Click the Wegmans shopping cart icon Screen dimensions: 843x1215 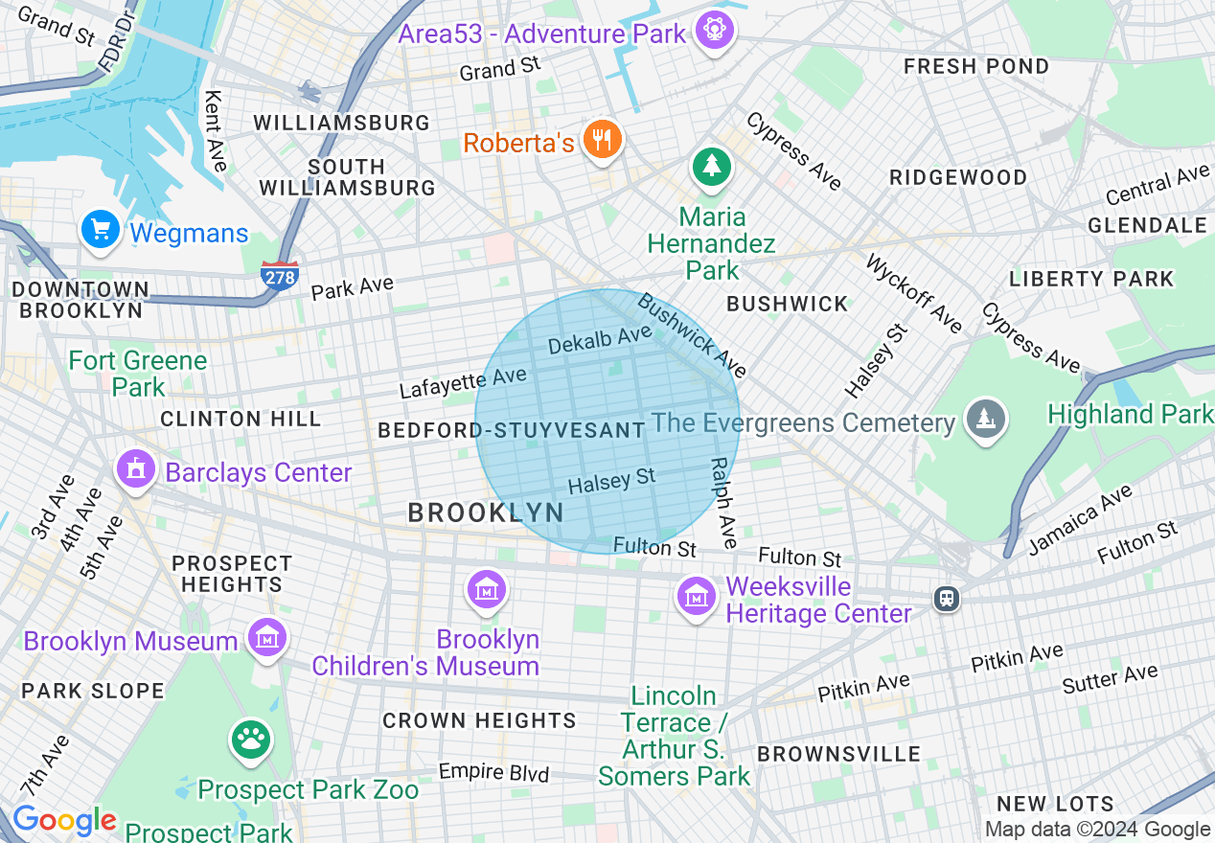100,230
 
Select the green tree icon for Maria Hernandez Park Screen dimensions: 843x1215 711,168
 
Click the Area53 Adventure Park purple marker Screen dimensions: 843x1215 714,31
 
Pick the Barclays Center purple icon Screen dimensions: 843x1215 136,470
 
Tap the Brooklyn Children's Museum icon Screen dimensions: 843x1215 488,589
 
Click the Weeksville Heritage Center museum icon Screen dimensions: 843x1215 697,597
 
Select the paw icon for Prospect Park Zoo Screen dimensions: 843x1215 251,739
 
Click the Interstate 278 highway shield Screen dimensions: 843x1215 279,276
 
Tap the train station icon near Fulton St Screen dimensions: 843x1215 947,599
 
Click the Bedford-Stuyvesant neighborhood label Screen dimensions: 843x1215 511,430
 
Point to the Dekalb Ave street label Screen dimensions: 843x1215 600,339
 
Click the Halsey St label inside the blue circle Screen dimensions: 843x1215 611,481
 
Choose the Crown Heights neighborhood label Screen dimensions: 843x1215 479,720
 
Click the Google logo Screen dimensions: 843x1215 64,821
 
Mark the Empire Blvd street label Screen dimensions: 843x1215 493,771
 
